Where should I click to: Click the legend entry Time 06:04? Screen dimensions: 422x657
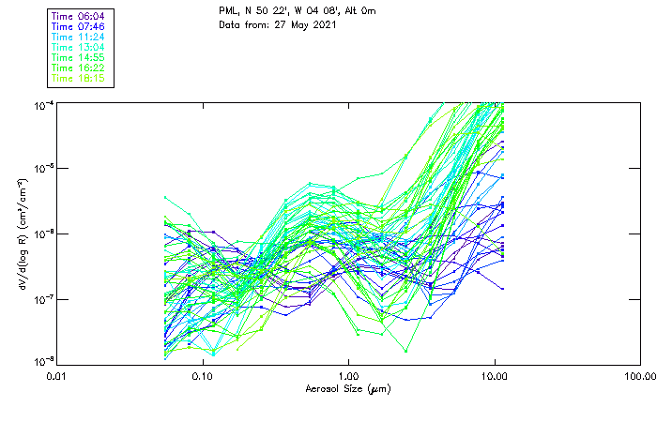[79, 16]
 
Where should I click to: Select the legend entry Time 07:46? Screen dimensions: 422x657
[79, 26]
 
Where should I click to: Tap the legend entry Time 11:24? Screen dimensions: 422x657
[79, 37]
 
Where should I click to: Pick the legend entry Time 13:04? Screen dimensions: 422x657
[79, 47]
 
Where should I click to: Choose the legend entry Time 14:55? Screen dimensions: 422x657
[79, 57]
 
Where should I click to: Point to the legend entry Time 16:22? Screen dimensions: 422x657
[79, 68]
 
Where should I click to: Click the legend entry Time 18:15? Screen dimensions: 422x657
[79, 78]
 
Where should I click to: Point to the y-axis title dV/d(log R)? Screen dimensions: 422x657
[21, 234]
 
